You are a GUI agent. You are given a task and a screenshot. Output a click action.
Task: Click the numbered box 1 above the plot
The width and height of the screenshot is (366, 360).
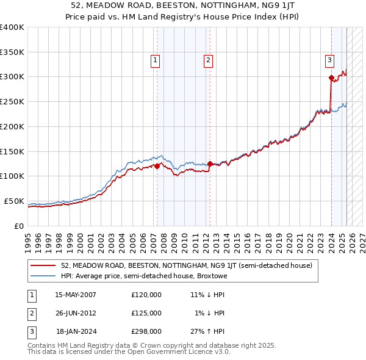156,60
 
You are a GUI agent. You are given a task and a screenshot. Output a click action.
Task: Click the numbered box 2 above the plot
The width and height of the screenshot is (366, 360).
208,60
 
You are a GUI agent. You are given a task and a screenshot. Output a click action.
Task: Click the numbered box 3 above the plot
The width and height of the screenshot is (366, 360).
329,60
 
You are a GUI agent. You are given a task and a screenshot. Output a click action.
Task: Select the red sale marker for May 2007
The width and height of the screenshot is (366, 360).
157,166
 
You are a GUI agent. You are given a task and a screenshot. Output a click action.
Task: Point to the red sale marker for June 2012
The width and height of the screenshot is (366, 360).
209,164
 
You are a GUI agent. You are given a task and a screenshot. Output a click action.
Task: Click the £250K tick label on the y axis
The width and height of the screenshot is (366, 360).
12,102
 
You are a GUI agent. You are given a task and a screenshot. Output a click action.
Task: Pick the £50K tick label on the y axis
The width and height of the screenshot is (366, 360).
15,201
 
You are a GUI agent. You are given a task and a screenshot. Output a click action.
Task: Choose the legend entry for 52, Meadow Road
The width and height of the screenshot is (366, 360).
186,265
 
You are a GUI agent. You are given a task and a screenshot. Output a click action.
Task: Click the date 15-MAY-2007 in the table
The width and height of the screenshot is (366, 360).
76,295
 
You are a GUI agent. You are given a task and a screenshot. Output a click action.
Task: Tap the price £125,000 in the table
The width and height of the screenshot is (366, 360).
146,313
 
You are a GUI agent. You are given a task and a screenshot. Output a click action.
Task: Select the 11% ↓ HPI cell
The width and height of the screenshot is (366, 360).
207,295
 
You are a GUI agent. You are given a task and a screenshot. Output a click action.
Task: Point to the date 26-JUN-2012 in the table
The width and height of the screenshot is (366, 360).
76,313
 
